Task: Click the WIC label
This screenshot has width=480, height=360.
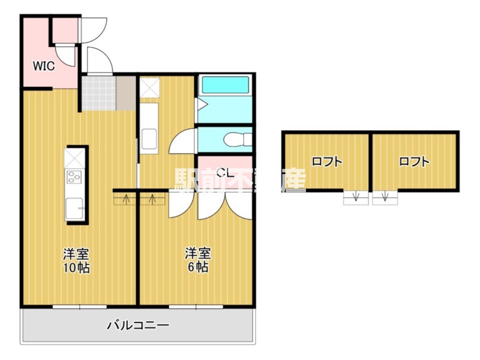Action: click(44, 66)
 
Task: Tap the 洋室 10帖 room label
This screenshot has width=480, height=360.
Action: click(77, 261)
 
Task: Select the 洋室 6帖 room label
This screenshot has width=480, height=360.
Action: click(198, 260)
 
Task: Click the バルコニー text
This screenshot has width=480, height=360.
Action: click(138, 325)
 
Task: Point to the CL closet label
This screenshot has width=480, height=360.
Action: click(226, 173)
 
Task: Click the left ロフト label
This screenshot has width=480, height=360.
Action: click(326, 161)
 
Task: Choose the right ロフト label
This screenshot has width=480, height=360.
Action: click(414, 161)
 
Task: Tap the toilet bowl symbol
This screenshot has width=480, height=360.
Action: click(238, 140)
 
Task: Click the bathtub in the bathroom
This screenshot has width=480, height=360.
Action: click(226, 85)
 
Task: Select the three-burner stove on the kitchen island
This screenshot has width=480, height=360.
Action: click(74, 177)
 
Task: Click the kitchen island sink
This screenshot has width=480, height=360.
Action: click(74, 208)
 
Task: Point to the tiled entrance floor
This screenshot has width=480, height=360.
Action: click(99, 93)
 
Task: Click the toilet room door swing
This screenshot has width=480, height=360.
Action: click(182, 141)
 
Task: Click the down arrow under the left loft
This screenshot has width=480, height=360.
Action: click(355, 197)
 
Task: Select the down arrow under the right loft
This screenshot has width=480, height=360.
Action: click(385, 197)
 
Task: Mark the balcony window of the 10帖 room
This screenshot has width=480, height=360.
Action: click(80, 307)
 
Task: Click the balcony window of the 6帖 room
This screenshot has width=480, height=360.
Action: click(196, 307)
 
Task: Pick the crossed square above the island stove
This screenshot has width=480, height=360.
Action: click(74, 158)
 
